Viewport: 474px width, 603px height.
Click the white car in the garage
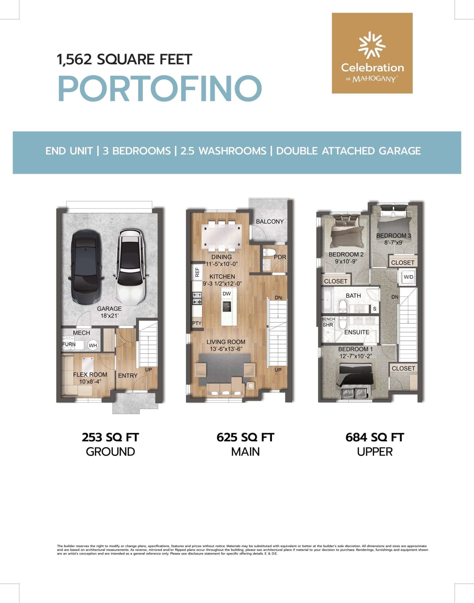[130, 266]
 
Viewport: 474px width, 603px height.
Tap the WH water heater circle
[93, 345]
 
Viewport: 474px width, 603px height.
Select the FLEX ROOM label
[90, 375]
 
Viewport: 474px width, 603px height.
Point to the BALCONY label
[270, 221]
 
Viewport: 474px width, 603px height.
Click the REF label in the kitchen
[197, 272]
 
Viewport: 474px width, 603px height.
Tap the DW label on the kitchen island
[227, 294]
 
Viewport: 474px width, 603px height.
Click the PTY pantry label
[196, 323]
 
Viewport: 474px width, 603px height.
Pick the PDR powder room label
[280, 257]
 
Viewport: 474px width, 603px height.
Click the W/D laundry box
[408, 277]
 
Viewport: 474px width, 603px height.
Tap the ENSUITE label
[357, 332]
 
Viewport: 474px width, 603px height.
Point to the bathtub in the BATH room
[328, 300]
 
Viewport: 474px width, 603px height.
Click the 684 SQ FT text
[375, 437]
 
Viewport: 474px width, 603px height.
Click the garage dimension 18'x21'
[109, 316]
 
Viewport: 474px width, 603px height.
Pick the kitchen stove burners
[197, 298]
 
